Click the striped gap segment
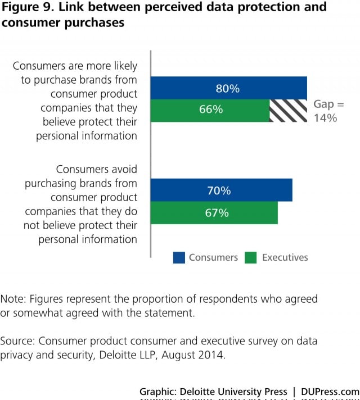coord(288,110)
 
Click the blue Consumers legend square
coord(179,258)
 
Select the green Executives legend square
coord(251,258)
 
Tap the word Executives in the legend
coord(285,257)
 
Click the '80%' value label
coord(227,88)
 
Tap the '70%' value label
coord(219,190)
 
